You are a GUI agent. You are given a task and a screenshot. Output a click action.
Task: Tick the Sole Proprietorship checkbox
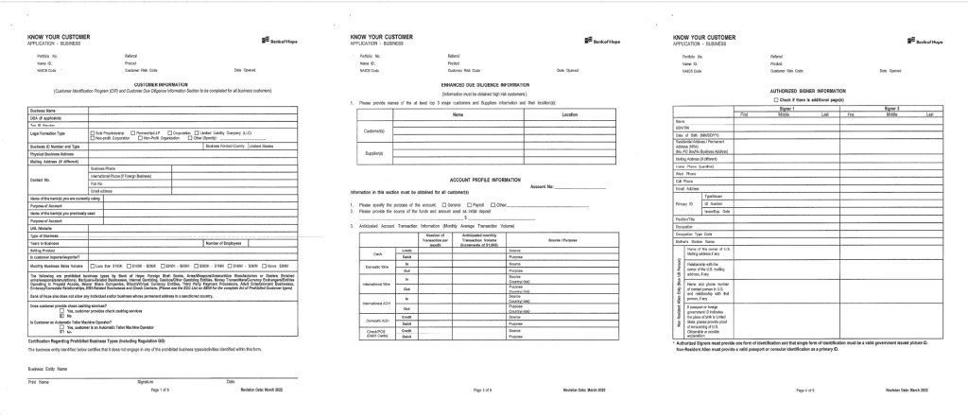(92, 133)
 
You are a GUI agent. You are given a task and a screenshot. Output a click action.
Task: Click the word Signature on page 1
(145, 380)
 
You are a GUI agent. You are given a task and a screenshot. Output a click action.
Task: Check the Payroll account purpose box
(469, 204)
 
